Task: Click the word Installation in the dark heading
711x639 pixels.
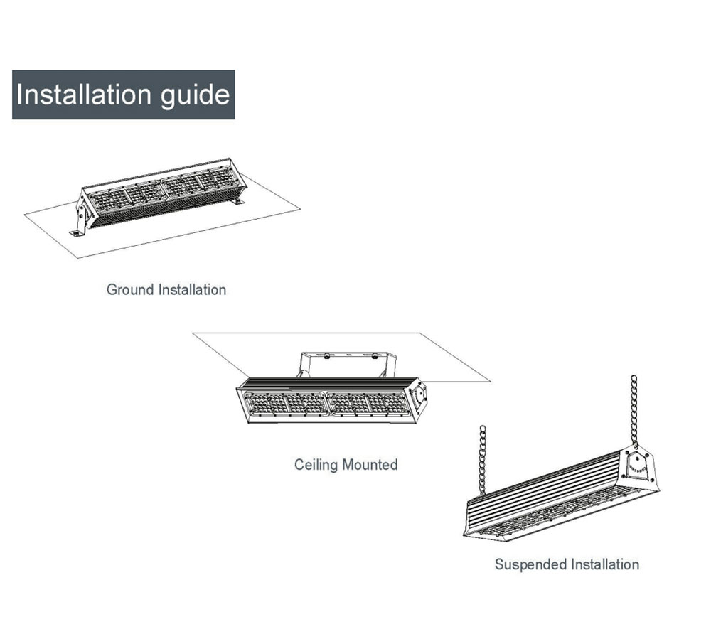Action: point(83,95)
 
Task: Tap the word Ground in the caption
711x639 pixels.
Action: point(130,289)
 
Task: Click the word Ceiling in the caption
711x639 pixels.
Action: point(316,465)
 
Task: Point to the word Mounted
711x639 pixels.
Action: point(370,465)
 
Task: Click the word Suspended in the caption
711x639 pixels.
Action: point(530,564)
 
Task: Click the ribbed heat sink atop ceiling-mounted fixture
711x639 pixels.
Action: point(327,382)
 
